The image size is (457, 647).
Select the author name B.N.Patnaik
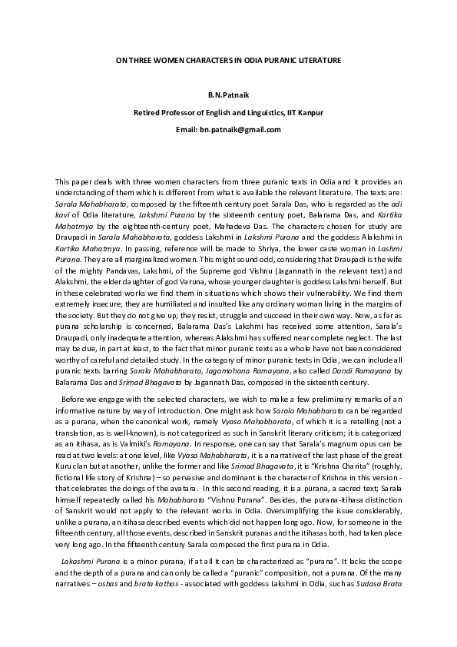[x=229, y=97]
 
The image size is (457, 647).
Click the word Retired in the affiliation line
[x=150, y=113]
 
